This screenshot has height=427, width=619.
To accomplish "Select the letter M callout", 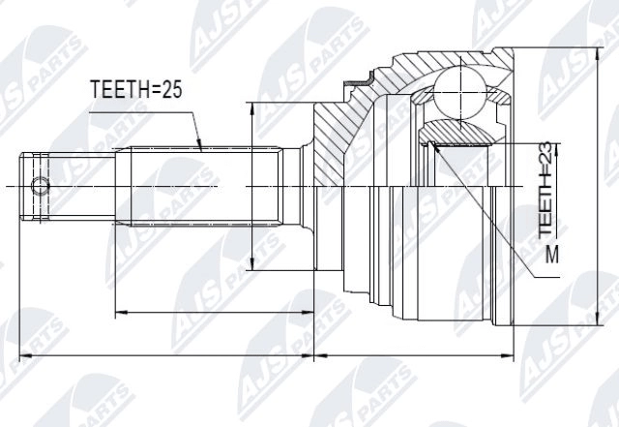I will [x=551, y=256].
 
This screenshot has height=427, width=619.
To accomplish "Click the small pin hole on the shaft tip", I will [x=40, y=185].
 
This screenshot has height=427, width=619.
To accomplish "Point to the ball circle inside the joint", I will [x=461, y=92].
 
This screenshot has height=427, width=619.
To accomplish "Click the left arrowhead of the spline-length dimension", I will [x=119, y=312].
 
